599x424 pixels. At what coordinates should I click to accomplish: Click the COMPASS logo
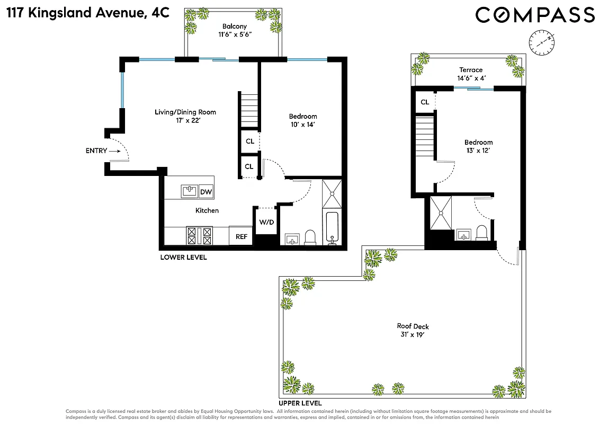(534, 15)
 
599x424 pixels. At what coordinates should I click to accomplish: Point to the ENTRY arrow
(115, 151)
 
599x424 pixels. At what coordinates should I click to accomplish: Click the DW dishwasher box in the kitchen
(205, 191)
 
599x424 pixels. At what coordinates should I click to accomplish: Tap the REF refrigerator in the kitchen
(241, 236)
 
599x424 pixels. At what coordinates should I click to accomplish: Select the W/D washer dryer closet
(266, 222)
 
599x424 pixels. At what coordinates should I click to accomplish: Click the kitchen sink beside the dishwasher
(189, 191)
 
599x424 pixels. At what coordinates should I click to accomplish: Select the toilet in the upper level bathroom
(481, 233)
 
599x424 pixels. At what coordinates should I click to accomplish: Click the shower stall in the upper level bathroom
(441, 213)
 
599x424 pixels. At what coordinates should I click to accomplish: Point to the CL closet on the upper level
(425, 102)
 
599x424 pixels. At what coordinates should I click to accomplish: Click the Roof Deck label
(413, 326)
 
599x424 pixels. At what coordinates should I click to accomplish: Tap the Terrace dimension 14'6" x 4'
(471, 78)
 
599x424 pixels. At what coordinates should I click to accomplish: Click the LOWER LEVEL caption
(183, 258)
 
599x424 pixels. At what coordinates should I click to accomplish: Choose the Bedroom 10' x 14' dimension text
(303, 125)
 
